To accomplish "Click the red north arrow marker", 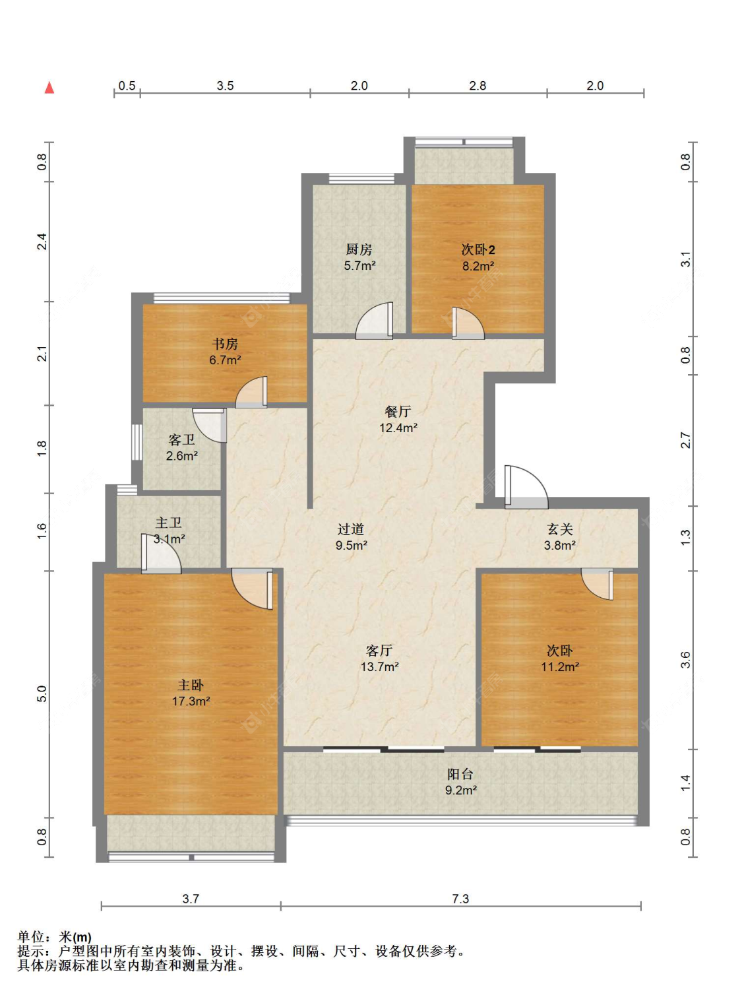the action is point(49,87).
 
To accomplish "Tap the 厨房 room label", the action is point(359,249).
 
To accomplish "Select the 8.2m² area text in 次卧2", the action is point(479,266).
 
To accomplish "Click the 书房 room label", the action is point(225,344).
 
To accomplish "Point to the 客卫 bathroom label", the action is point(181,439).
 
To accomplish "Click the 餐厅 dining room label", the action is point(398,411).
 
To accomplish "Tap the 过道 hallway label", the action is point(351,529).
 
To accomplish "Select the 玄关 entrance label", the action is point(560,529).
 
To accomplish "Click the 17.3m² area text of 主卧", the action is point(191,701).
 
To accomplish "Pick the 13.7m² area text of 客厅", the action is point(379,666).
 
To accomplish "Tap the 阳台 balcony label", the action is point(460,774).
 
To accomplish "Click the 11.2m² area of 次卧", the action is point(560,666).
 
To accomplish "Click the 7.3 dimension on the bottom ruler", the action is point(460,898).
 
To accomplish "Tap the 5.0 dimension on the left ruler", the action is point(42,693).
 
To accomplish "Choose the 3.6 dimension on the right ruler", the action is point(685,660).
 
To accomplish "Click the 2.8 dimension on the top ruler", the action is point(478,86).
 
